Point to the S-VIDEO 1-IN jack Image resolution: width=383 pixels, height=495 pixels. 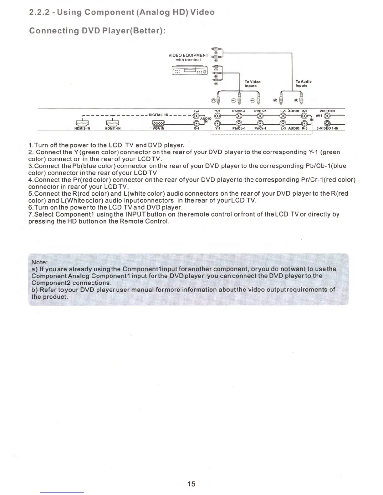(x=327, y=124)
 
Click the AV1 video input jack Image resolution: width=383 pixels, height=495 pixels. (x=327, y=116)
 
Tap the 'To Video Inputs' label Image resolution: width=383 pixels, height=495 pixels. (x=252, y=84)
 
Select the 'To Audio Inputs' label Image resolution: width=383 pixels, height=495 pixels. (x=303, y=83)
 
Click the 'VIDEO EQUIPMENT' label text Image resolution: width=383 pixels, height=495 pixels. (x=188, y=55)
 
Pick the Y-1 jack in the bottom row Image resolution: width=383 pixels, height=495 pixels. (x=218, y=124)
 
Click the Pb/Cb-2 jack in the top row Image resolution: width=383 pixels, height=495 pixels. (x=239, y=116)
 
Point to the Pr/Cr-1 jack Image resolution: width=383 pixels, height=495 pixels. (x=259, y=124)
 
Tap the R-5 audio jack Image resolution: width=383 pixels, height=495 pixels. (x=303, y=116)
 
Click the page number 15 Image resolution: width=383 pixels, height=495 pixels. (x=191, y=484)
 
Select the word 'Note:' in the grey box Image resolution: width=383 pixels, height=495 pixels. (x=40, y=262)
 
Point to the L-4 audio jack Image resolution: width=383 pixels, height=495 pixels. (x=196, y=116)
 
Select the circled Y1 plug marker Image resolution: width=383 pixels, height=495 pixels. (x=213, y=100)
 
